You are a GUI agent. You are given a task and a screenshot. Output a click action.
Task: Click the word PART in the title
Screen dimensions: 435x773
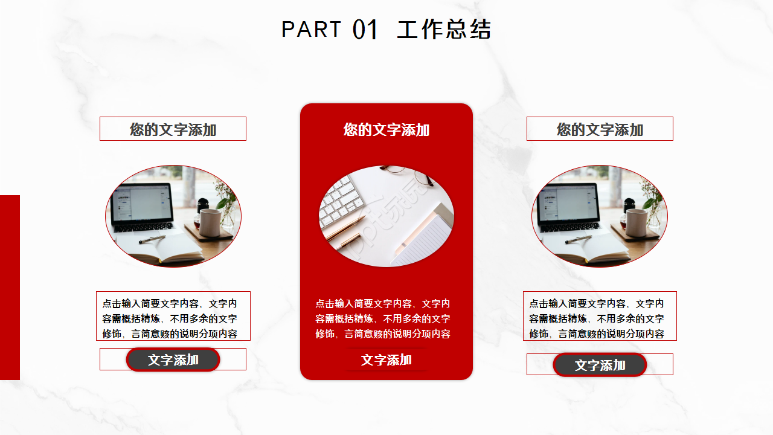click(x=311, y=29)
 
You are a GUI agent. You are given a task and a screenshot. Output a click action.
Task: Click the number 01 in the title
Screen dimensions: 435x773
click(x=365, y=30)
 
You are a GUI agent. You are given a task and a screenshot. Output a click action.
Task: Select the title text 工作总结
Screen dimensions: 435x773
click(x=444, y=30)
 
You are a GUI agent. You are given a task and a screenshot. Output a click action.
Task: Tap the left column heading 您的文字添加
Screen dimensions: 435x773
click(x=173, y=129)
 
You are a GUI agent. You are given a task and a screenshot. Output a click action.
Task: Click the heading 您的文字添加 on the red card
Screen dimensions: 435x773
click(x=386, y=129)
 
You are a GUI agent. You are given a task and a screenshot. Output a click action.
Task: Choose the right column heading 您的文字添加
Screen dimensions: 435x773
click(x=600, y=129)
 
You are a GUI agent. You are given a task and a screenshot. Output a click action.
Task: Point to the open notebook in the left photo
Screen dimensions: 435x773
click(x=157, y=248)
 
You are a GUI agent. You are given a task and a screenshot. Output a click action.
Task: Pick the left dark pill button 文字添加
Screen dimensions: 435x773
click(x=173, y=359)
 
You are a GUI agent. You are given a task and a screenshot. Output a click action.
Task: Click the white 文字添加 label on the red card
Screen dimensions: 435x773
click(x=386, y=360)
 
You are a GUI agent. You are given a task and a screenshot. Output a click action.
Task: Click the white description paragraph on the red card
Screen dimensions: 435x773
click(x=383, y=318)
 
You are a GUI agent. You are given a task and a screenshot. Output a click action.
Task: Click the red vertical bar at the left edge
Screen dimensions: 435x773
click(x=10, y=287)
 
